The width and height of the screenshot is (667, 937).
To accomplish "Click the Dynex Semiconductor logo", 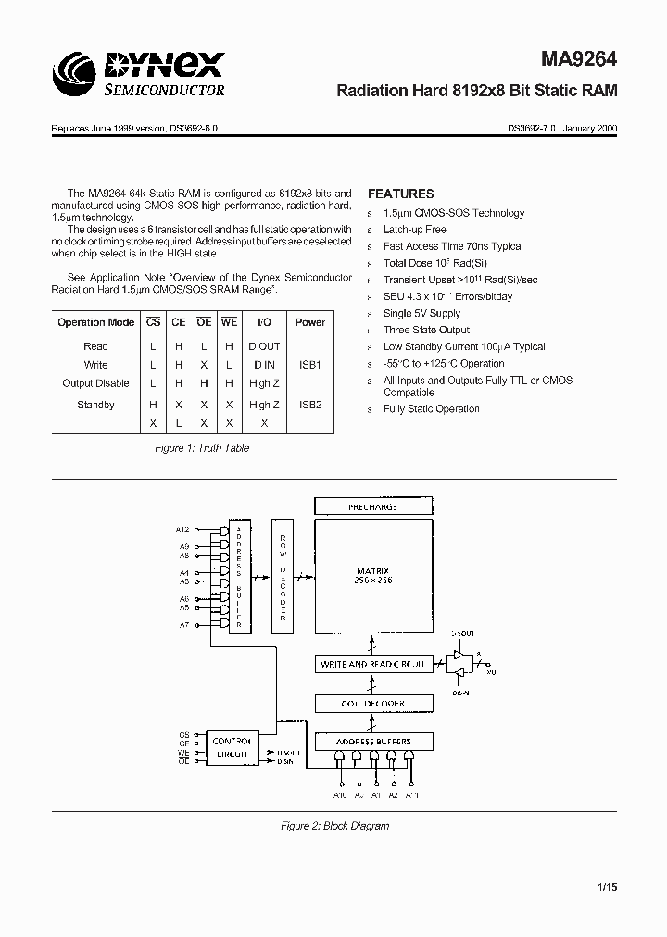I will tap(140, 73).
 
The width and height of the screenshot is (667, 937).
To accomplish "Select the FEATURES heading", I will tap(400, 194).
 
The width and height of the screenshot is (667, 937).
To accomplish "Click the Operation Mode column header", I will tap(95, 322).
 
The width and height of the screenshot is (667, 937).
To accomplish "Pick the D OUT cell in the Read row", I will tap(264, 346).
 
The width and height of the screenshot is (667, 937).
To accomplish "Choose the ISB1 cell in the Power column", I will tap(309, 365).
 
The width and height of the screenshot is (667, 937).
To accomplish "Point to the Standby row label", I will tap(95, 405).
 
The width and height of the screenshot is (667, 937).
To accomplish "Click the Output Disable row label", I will tap(95, 383).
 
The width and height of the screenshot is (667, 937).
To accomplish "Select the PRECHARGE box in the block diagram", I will tap(373, 506).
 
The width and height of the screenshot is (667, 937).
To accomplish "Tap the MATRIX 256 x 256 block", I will tap(373, 574).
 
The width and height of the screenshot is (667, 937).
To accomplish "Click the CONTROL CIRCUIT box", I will tap(233, 747).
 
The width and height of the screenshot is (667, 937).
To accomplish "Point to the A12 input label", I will tap(182, 529).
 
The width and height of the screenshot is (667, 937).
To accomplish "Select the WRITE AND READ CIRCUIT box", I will tap(373, 664).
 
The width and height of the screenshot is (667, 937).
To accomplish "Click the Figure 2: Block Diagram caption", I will tap(334, 826).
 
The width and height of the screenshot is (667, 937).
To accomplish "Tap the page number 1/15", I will tap(607, 887).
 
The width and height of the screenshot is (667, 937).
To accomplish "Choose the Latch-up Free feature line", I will tap(414, 230).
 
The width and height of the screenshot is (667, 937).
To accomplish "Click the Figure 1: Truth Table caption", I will tap(201, 448).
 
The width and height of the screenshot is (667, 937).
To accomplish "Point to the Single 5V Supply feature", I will tap(422, 313).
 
